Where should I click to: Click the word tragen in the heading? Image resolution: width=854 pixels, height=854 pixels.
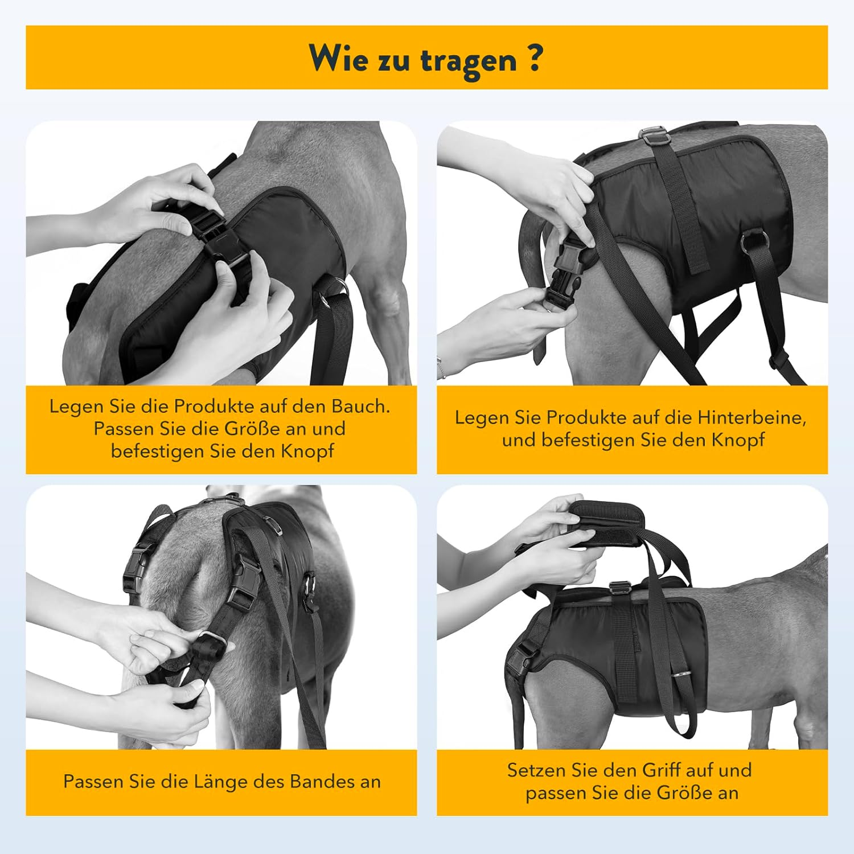click(468, 60)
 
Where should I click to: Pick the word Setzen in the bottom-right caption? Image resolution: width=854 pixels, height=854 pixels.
click(536, 770)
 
